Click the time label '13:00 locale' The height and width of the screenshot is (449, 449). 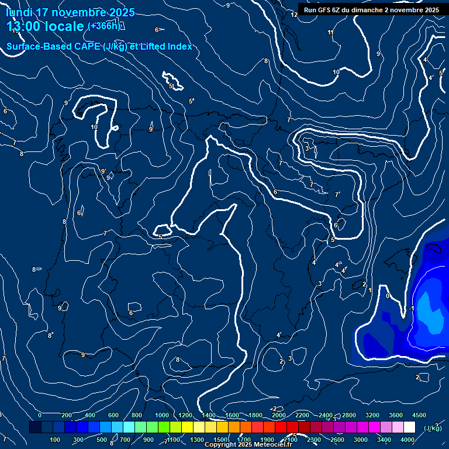(x=46, y=27)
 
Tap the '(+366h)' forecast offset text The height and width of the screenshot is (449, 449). (x=103, y=26)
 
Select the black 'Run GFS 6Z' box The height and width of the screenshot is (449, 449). (x=371, y=9)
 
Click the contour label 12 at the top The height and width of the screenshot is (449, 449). (x=294, y=15)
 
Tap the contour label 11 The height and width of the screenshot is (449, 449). (x=331, y=33)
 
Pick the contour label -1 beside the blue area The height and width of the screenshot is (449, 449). (x=412, y=308)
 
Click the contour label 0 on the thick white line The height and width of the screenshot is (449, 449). (x=388, y=296)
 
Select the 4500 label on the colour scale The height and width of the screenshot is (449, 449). (x=419, y=415)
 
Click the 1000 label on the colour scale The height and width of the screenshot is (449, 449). (x=162, y=415)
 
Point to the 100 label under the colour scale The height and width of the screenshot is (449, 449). (x=56, y=440)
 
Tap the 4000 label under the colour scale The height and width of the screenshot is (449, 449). (x=407, y=440)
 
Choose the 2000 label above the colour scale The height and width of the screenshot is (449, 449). (x=279, y=415)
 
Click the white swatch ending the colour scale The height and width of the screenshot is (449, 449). (x=409, y=427)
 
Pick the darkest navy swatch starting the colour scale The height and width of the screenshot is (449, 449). (x=35, y=427)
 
